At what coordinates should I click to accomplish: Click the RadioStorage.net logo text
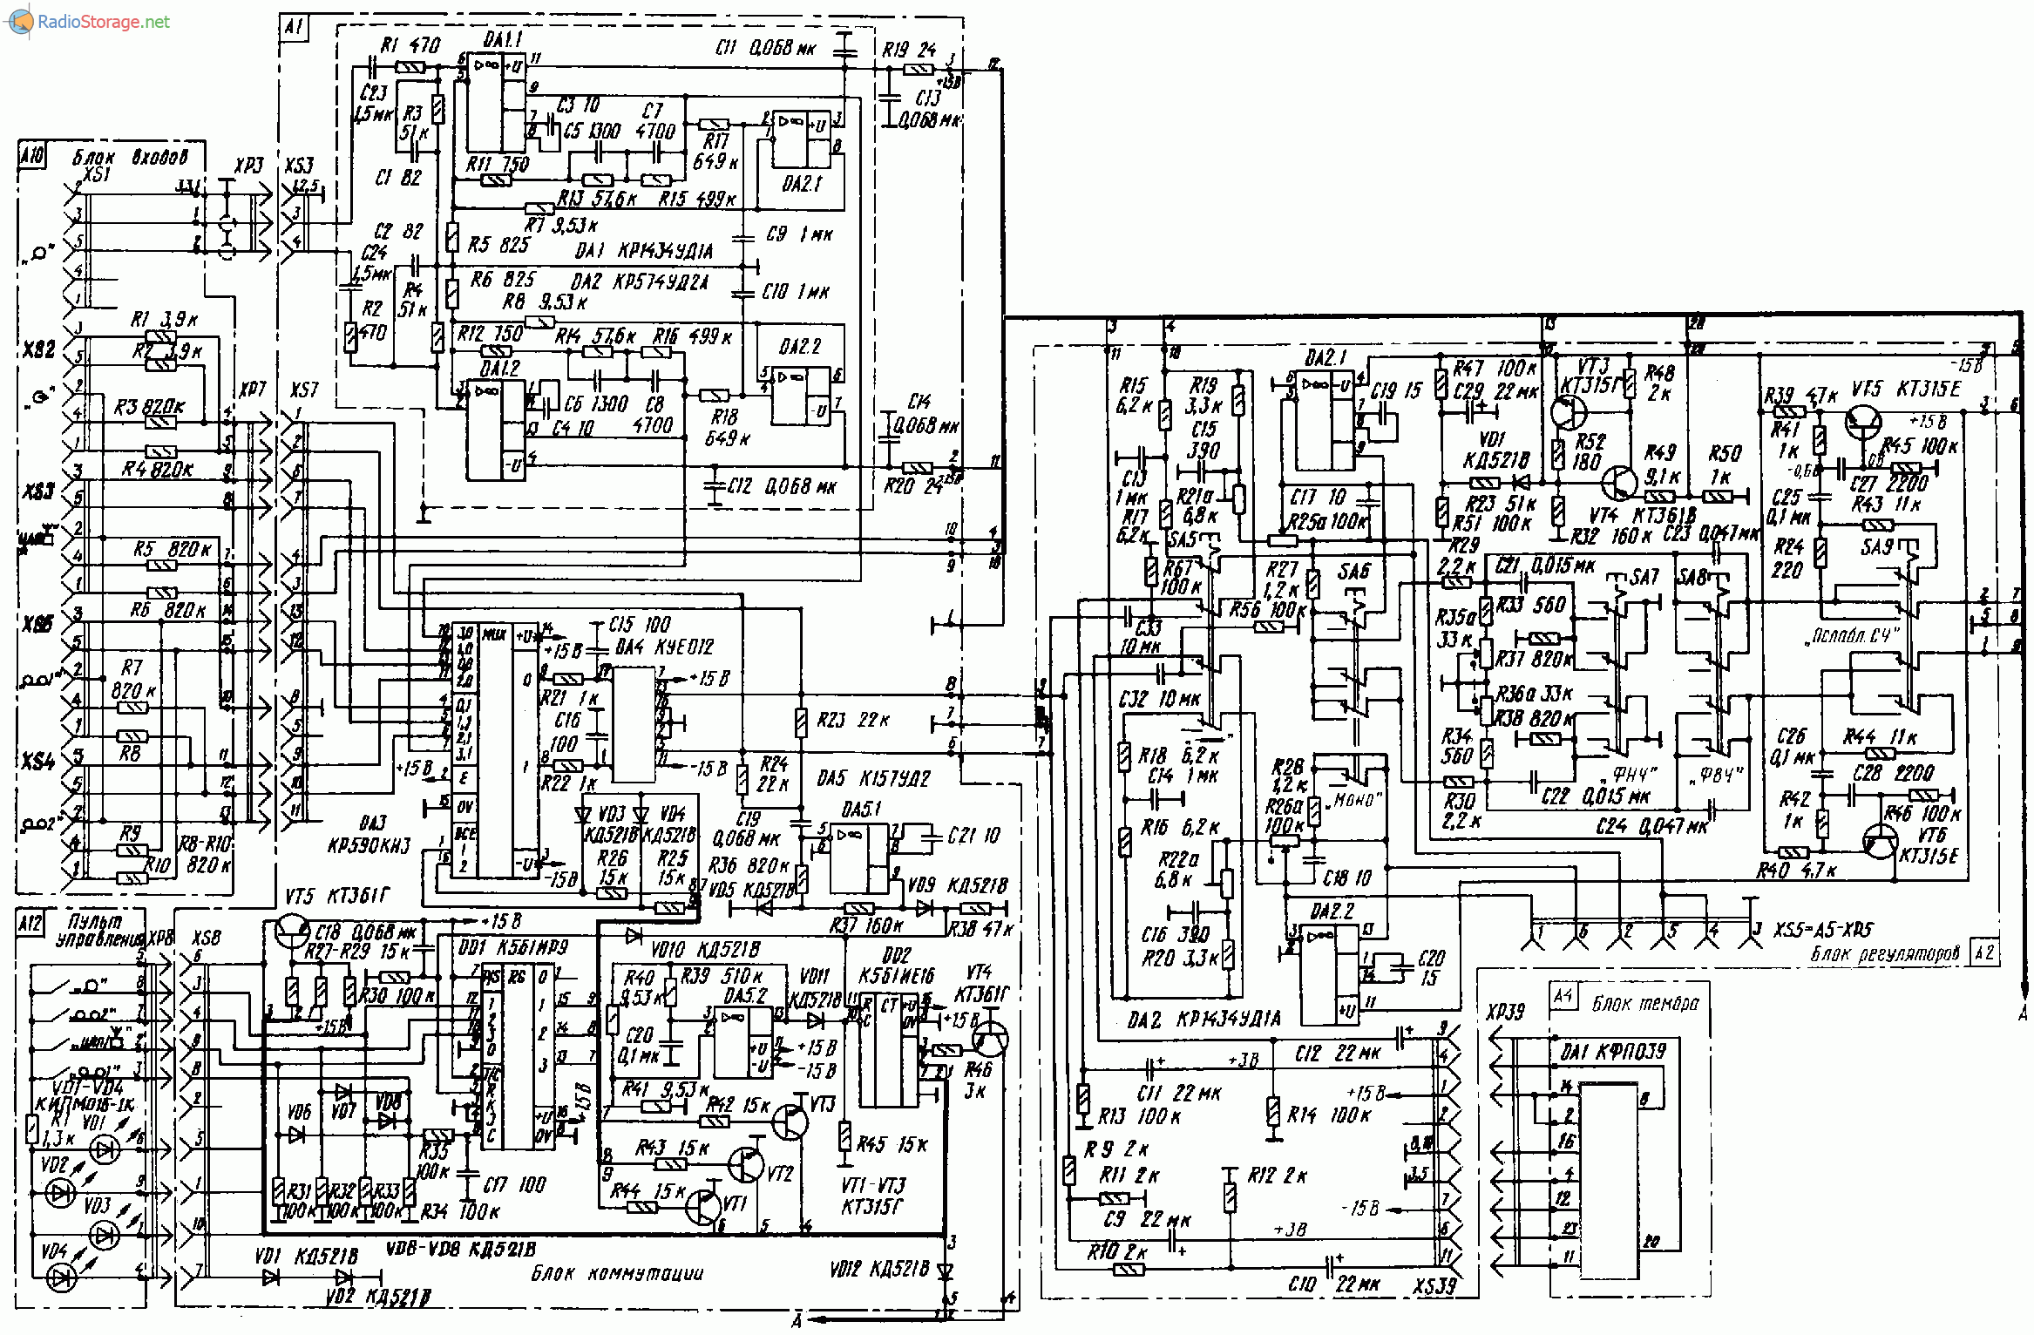pos(103,22)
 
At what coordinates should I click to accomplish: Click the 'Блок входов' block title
pos(129,158)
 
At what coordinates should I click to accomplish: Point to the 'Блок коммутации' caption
pos(617,1273)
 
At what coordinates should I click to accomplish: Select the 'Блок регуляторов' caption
pos(1885,953)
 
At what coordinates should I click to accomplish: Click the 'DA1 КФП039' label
pos(1613,1052)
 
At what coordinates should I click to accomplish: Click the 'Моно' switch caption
pos(1354,800)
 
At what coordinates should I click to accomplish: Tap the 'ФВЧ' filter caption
pos(1720,775)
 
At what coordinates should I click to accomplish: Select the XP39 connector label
pos(1506,1012)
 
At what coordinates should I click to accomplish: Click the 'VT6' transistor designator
pos(1931,835)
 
